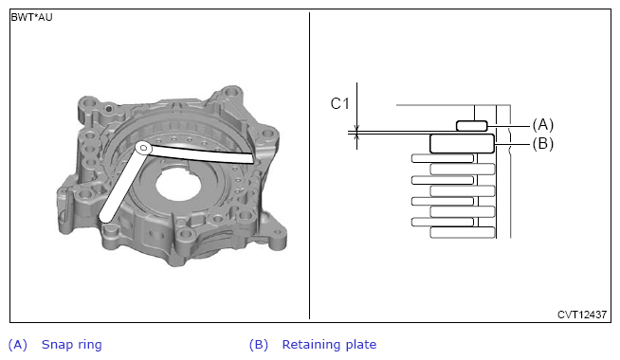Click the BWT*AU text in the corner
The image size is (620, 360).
[31, 17]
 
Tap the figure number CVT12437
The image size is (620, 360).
[582, 315]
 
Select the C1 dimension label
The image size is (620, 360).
[340, 103]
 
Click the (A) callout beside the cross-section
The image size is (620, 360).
[543, 125]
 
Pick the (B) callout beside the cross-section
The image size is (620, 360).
[543, 143]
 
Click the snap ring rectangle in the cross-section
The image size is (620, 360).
[472, 126]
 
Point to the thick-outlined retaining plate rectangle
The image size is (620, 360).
[462, 143]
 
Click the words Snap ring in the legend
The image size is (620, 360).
[71, 345]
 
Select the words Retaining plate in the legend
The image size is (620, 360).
[329, 345]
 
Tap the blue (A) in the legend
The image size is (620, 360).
[18, 345]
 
